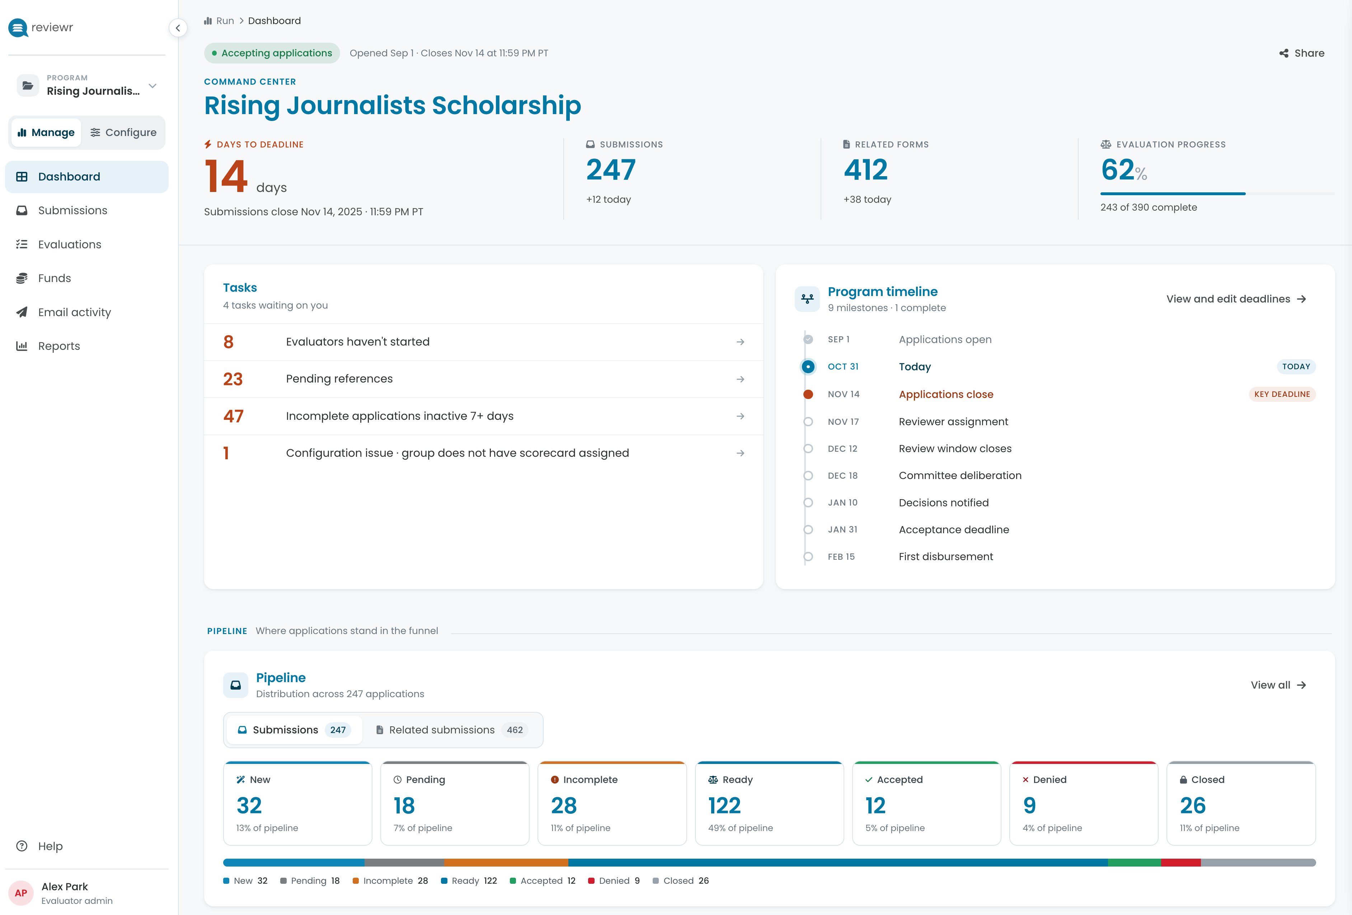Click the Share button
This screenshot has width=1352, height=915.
point(1302,53)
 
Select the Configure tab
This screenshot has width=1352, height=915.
point(123,133)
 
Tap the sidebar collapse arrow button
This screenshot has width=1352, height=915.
point(178,28)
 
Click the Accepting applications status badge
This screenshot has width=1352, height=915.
point(272,53)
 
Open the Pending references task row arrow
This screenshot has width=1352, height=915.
point(740,379)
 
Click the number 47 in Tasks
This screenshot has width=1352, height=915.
point(233,416)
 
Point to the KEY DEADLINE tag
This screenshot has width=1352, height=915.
point(1282,394)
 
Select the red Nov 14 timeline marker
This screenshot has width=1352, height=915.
point(808,394)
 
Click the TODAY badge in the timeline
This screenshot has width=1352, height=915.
point(1296,366)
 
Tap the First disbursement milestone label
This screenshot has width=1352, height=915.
point(945,557)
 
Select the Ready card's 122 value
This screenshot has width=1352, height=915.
point(724,806)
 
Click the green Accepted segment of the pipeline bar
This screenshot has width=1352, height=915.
point(1135,863)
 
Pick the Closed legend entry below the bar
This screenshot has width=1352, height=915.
point(681,881)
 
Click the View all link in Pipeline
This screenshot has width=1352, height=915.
point(1278,685)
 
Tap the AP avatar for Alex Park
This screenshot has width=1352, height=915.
point(21,893)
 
